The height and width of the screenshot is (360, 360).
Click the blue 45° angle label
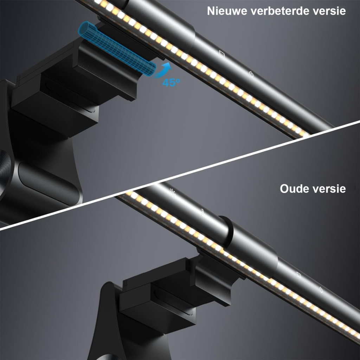[x=171, y=82]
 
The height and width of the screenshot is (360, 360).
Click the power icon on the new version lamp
[x=251, y=74]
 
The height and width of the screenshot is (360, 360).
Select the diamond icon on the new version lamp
[x=222, y=54]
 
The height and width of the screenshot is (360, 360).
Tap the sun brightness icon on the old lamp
[x=172, y=193]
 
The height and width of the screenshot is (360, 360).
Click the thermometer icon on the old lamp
[x=202, y=212]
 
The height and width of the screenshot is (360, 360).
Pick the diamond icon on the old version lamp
[x=299, y=275]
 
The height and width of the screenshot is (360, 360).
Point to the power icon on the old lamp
[x=321, y=290]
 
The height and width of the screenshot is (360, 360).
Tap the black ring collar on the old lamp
[x=226, y=232]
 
